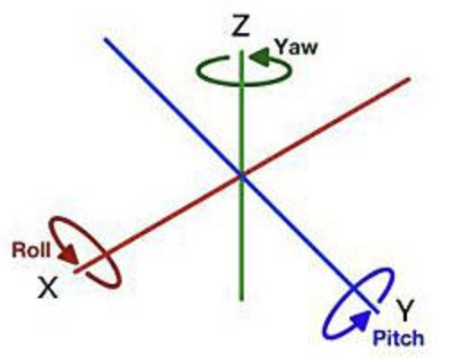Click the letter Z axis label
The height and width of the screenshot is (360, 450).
pyautogui.click(x=240, y=26)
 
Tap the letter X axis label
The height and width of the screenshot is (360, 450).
pyautogui.click(x=48, y=287)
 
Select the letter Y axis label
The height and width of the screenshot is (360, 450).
pyautogui.click(x=405, y=310)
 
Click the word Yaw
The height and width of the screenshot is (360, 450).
pyautogui.click(x=296, y=47)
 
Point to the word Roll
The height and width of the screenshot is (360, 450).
pyautogui.click(x=31, y=250)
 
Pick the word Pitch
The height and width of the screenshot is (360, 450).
pyautogui.click(x=398, y=339)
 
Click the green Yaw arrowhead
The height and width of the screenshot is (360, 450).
pyautogui.click(x=260, y=56)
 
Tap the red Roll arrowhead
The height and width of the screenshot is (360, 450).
pyautogui.click(x=69, y=254)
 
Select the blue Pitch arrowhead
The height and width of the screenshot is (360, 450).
pyautogui.click(x=360, y=321)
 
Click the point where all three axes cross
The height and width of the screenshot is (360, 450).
pyautogui.click(x=242, y=176)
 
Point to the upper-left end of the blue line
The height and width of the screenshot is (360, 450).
pyautogui.click(x=106, y=39)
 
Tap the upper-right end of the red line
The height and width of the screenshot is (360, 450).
pyautogui.click(x=410, y=79)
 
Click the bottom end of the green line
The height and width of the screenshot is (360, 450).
pyautogui.click(x=242, y=300)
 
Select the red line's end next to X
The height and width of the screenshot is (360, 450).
pyautogui.click(x=75, y=271)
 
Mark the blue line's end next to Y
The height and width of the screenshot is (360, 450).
pyautogui.click(x=378, y=313)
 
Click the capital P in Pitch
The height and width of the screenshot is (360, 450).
pyautogui.click(x=378, y=338)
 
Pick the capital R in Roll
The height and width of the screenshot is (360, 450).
pyautogui.click(x=19, y=250)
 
